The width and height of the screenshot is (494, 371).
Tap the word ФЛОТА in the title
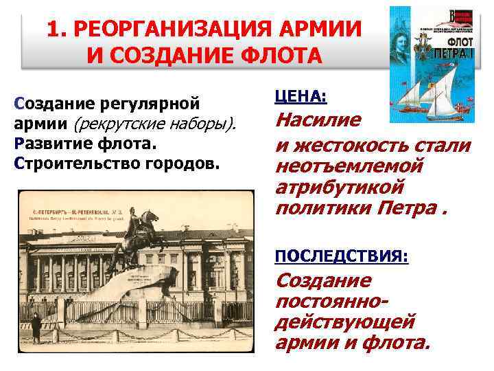[x=281, y=54]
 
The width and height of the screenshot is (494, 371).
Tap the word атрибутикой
[x=338, y=187]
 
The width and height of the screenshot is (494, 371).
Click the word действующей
[x=344, y=321]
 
